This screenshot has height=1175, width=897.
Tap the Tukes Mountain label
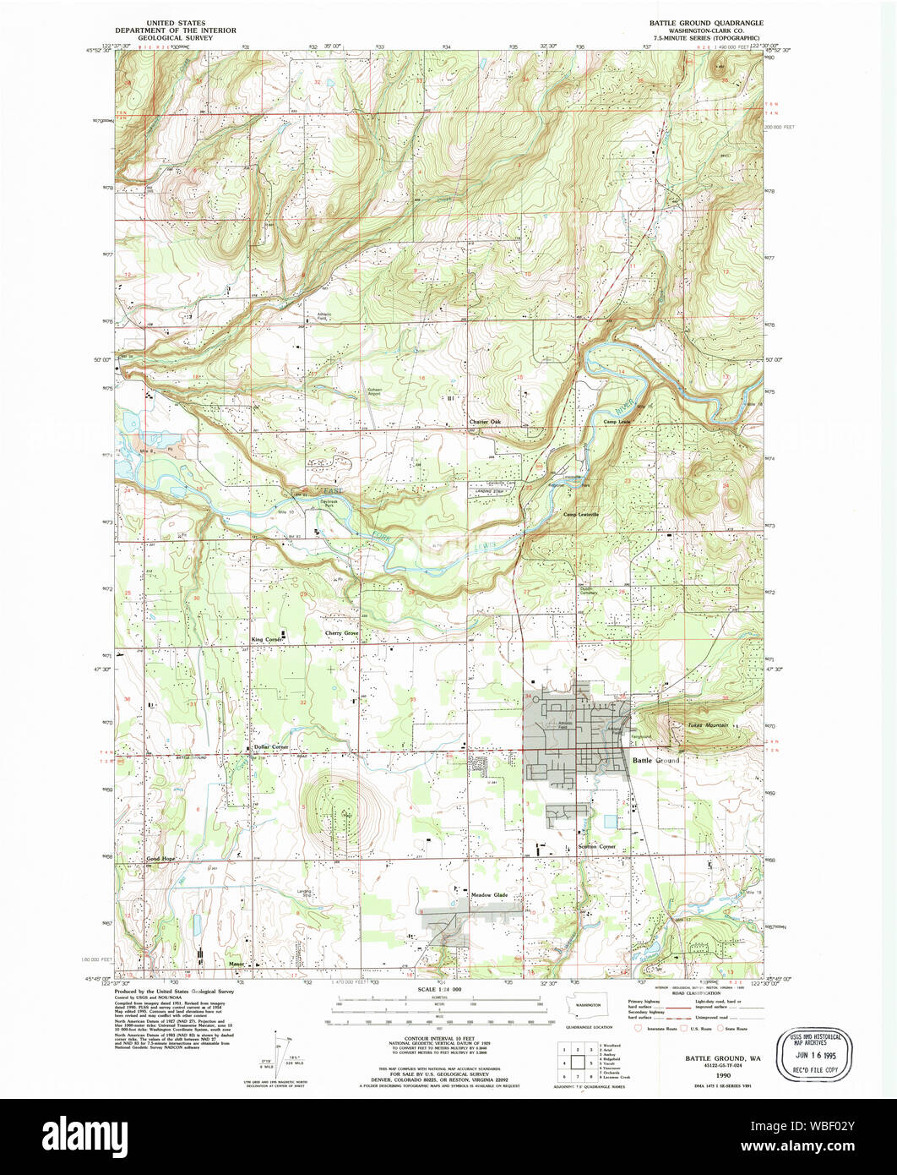(x=706, y=725)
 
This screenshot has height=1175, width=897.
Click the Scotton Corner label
(x=577, y=845)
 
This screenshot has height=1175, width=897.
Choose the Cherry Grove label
(x=341, y=632)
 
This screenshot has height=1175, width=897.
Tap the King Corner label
(x=267, y=640)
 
